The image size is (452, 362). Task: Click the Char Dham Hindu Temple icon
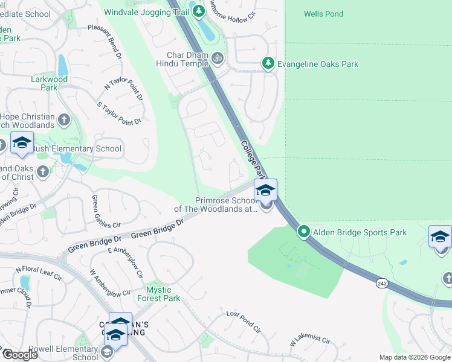(218, 58)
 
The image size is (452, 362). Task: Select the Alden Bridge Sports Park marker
(304, 232)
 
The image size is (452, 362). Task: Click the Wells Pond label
(323, 14)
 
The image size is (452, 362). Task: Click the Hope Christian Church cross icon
(65, 120)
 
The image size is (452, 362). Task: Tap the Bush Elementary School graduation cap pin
(22, 144)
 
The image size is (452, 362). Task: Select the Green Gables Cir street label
(102, 211)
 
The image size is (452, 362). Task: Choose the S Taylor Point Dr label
(118, 113)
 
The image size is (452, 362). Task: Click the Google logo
(19, 354)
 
